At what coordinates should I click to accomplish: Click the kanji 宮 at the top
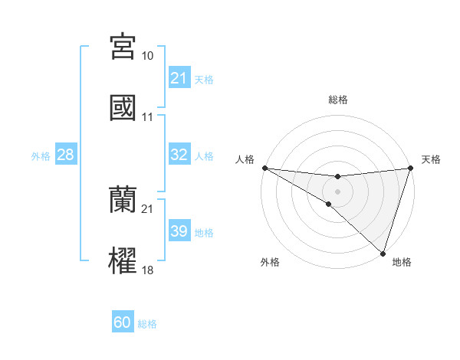point(123,47)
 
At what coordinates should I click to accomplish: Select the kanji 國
point(123,107)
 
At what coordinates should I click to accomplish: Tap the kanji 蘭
point(123,199)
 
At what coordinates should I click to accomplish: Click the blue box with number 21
point(179,78)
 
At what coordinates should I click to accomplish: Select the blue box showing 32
point(179,155)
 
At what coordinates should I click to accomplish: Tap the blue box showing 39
point(179,231)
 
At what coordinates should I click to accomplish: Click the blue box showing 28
point(66,155)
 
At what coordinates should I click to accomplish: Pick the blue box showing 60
point(123,322)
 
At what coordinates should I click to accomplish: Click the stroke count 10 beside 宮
point(147,56)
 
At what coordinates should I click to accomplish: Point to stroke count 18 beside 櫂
point(147,270)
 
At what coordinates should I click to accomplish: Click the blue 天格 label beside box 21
point(204,79)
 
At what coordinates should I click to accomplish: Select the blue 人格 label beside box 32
point(204,155)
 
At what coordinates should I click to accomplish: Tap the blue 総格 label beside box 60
point(147,324)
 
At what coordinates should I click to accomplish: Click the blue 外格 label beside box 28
point(41,155)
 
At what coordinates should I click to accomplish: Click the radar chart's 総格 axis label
point(337,100)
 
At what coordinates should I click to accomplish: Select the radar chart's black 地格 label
point(402,262)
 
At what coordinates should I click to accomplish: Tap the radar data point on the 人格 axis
point(264,167)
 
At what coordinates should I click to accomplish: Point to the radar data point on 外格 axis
point(328,204)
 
